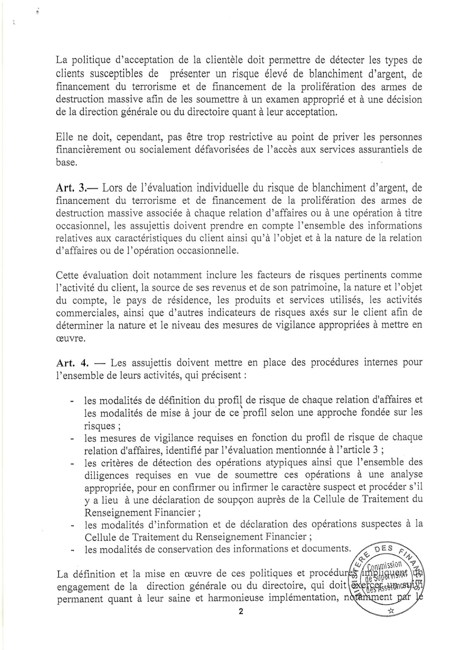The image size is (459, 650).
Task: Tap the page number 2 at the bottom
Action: coord(241,612)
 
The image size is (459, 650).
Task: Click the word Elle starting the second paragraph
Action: coord(65,137)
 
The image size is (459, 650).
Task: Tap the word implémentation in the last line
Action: coord(299,599)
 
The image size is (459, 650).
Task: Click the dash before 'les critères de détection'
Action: coord(72,463)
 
